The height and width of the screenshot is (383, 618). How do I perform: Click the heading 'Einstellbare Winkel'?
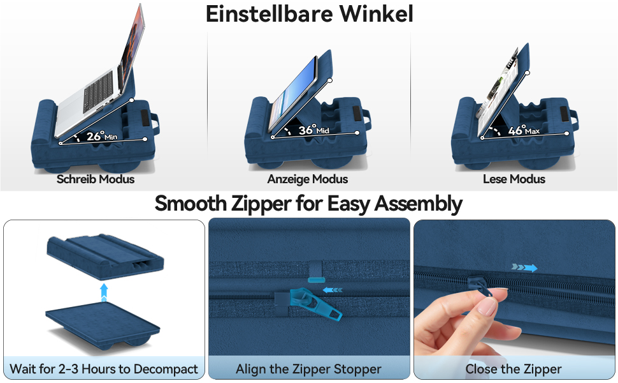pyautogui.click(x=310, y=14)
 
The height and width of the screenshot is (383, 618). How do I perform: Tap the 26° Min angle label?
pyautogui.click(x=102, y=136)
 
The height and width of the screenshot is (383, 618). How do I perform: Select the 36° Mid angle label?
pyautogui.click(x=313, y=130)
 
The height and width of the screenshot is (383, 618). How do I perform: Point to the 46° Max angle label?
pyautogui.click(x=524, y=130)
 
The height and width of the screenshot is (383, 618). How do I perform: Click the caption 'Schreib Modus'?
pyautogui.click(x=96, y=179)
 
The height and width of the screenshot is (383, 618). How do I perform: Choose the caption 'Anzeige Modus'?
pyautogui.click(x=308, y=179)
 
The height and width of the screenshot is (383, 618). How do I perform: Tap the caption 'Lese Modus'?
pyautogui.click(x=514, y=179)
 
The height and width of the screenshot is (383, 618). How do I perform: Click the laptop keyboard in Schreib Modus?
pyautogui.click(x=99, y=90)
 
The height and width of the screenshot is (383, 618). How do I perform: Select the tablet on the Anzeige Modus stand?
pyautogui.click(x=293, y=94)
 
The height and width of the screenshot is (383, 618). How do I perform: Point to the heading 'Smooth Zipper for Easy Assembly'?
pyautogui.click(x=308, y=204)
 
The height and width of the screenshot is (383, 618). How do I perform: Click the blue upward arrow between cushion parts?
pyautogui.click(x=104, y=292)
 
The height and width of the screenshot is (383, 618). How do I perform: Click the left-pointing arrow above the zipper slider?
pyautogui.click(x=333, y=290)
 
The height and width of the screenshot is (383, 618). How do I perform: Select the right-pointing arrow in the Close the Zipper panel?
pyautogui.click(x=524, y=267)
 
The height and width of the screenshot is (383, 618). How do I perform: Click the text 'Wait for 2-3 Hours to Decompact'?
pyautogui.click(x=104, y=369)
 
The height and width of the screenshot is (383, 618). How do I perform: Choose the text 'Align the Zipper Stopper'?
pyautogui.click(x=308, y=369)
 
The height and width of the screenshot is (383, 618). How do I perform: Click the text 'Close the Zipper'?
pyautogui.click(x=514, y=369)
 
